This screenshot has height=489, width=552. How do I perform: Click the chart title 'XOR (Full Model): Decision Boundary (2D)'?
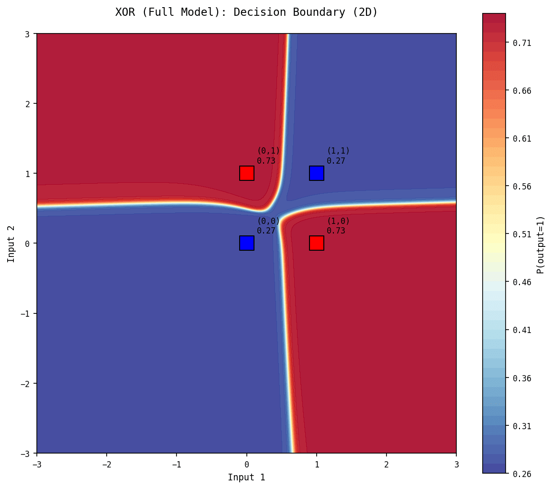coord(246,12)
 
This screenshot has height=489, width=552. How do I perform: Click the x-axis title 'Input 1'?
coord(246,477)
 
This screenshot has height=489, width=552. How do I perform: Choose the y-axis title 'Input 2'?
coord(11,243)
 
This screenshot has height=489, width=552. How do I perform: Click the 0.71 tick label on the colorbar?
coord(522,43)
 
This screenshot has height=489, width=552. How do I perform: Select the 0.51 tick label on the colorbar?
coord(522,234)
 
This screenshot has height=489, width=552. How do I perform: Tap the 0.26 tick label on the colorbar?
coord(522,473)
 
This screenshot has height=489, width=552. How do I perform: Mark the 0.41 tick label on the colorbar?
coord(522,330)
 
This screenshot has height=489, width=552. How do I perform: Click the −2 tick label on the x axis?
coord(107,464)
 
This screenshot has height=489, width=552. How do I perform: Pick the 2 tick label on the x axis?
coord(386,464)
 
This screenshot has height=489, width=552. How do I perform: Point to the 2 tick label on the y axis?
coord(27,103)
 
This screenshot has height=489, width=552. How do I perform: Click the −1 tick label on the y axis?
coord(25,313)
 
